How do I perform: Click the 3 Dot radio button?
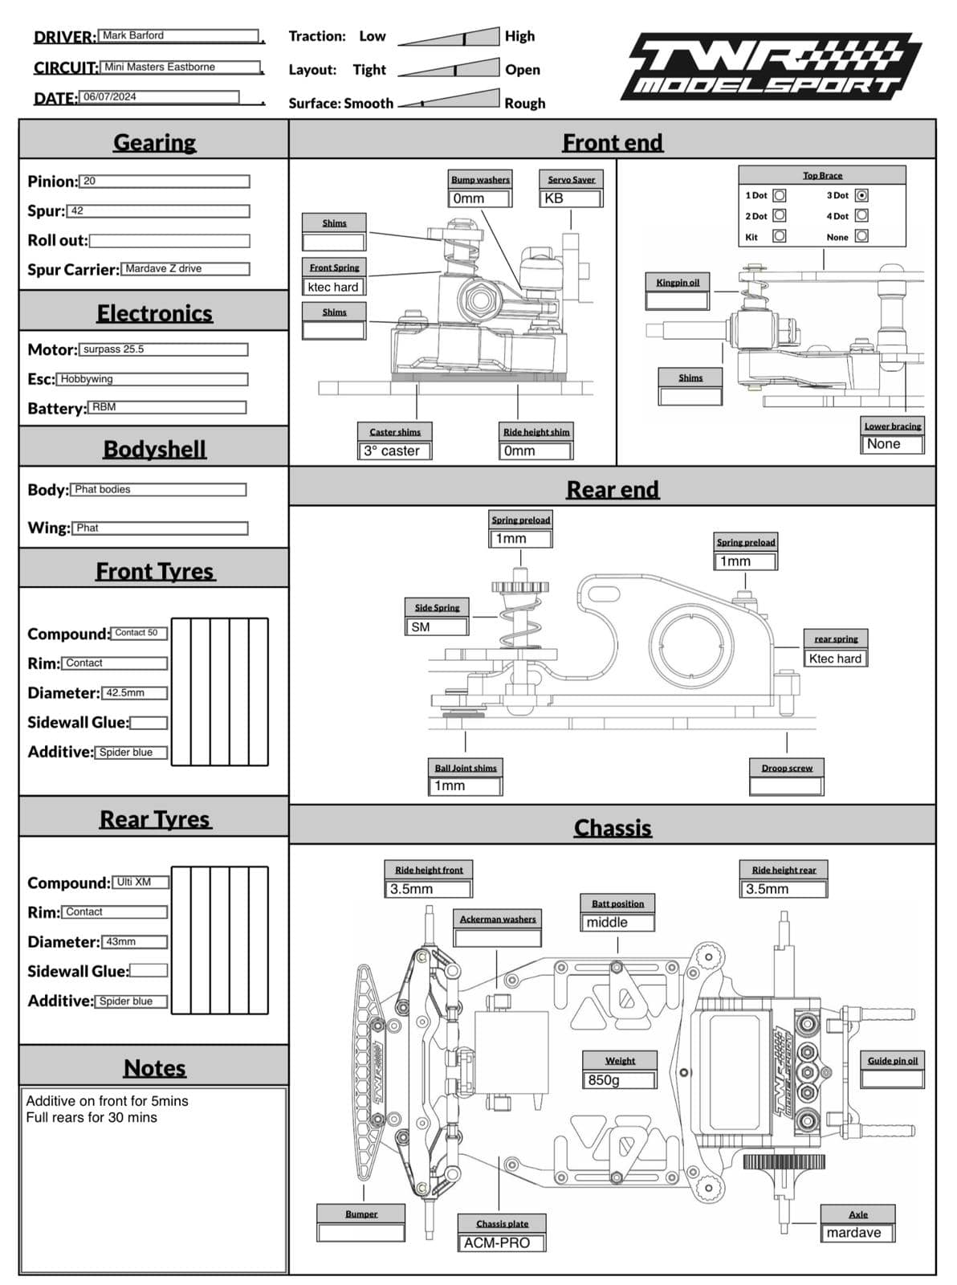861,195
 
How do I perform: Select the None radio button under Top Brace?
861,236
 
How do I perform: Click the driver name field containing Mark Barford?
178,36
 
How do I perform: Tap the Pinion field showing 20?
165,182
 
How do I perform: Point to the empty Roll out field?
169,240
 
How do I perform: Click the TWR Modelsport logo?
771,66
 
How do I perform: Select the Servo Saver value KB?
571,198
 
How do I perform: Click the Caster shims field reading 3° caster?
395,451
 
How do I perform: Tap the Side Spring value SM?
437,627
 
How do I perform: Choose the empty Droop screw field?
786,786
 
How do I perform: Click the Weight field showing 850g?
619,1080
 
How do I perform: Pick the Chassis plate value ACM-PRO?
502,1242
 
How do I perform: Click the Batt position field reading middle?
617,922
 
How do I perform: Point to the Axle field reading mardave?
858,1232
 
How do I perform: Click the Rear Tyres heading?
155,819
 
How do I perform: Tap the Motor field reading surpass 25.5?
163,349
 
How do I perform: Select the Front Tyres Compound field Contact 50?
139,633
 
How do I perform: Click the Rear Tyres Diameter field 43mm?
134,942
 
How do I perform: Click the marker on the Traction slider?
464,39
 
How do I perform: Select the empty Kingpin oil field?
677,300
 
